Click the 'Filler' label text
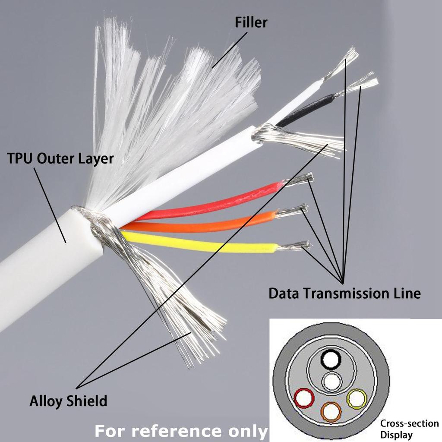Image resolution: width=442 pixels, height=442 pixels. pyautogui.click(x=251, y=22)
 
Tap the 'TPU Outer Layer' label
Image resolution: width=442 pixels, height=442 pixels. pyautogui.click(x=60, y=159)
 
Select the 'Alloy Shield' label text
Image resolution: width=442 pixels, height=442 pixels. pyautogui.click(x=68, y=401)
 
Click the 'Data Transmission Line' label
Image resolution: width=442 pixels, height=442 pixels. pyautogui.click(x=344, y=294)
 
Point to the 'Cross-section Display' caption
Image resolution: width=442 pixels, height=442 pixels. pyautogui.click(x=409, y=429)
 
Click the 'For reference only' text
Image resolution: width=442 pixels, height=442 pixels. pyautogui.click(x=181, y=430)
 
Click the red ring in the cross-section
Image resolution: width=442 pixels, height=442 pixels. pyautogui.click(x=304, y=398)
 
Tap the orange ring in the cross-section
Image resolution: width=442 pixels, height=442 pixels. pyautogui.click(x=331, y=412)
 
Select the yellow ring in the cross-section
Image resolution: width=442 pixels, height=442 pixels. pyautogui.click(x=357, y=399)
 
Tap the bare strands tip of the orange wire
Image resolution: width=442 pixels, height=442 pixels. pyautogui.click(x=294, y=210)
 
